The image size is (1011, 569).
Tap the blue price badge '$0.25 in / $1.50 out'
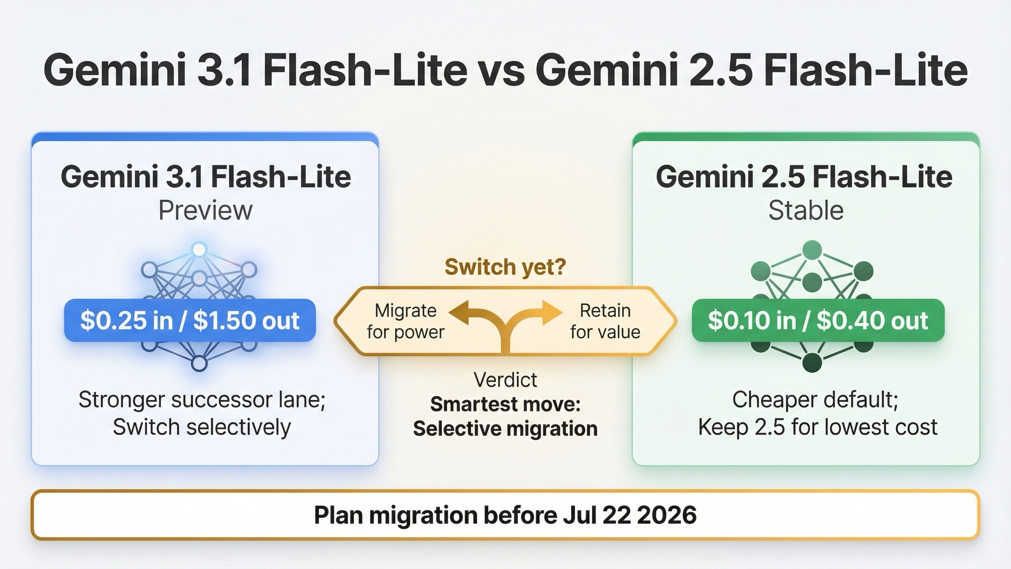(190, 320)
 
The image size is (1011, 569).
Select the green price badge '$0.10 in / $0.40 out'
(818, 320)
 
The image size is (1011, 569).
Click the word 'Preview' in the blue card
(205, 210)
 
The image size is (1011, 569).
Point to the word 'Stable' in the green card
(806, 210)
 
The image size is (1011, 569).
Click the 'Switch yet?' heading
(505, 267)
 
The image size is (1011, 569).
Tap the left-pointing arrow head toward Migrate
(459, 312)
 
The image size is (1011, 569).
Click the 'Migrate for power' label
(405, 321)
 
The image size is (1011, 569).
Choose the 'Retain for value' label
(605, 321)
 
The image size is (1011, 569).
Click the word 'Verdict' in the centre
(505, 380)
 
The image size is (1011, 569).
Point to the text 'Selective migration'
(505, 429)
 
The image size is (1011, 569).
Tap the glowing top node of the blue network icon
(199, 250)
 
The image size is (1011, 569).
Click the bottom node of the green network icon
(812, 362)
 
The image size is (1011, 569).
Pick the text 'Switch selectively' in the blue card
(202, 427)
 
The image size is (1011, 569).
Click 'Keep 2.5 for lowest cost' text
(818, 427)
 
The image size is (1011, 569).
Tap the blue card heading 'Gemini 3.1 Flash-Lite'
(206, 177)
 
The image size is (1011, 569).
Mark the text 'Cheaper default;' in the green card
(815, 399)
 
